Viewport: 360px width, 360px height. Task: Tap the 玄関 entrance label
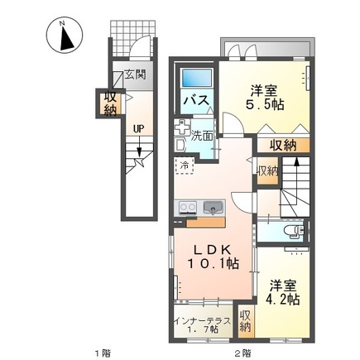(135, 75)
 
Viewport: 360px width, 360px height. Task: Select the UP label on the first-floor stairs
(139, 128)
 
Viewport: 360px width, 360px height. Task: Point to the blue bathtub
(196, 79)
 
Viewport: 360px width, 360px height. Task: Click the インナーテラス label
(202, 319)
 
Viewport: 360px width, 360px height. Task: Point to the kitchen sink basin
(212, 208)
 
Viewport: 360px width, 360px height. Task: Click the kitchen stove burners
(185, 208)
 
